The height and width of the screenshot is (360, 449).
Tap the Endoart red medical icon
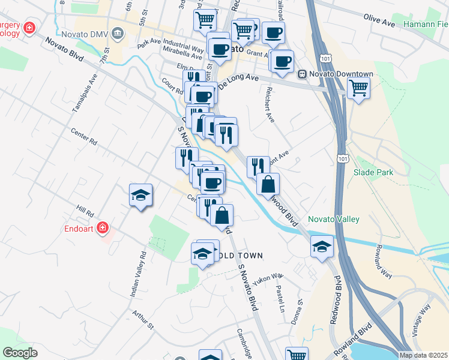103,228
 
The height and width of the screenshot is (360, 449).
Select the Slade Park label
373,172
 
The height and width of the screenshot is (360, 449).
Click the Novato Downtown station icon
303,74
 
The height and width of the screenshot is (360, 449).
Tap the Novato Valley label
333,219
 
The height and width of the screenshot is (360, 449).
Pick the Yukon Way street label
268,278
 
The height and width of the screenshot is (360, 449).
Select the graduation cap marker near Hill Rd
140,195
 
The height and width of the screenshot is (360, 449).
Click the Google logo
20,353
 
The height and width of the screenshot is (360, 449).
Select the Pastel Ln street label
280,298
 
